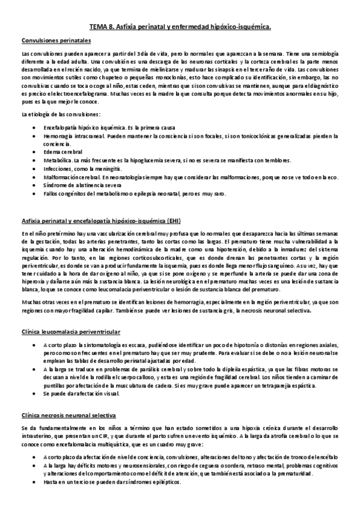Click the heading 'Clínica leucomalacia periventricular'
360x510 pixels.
tap(71, 331)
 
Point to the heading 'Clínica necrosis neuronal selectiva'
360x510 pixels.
tap(69, 416)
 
